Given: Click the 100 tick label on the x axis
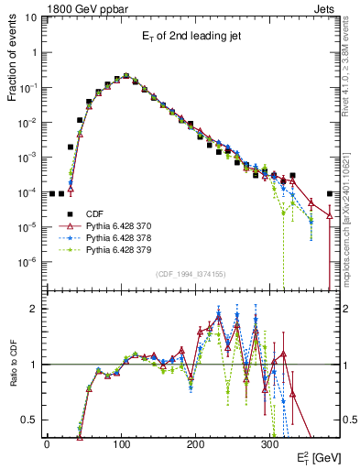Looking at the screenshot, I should (x=121, y=443).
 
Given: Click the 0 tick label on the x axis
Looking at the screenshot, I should (x=47, y=443).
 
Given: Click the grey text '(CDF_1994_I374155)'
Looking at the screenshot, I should (x=190, y=274).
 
